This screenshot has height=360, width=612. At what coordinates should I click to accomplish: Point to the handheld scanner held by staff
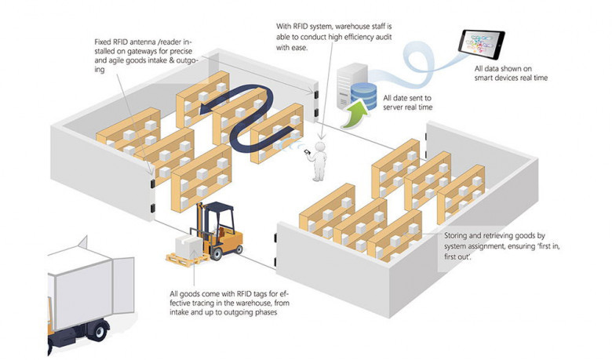[307, 152]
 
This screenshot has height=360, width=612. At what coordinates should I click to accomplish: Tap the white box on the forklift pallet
[189, 245]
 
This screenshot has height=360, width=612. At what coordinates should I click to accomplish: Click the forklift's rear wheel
[216, 253]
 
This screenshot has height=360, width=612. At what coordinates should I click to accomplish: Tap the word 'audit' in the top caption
[382, 37]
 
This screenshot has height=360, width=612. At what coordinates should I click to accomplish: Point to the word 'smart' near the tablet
[485, 78]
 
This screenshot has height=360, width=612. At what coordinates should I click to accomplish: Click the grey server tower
[348, 85]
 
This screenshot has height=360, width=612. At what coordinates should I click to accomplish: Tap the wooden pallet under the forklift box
[184, 259]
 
